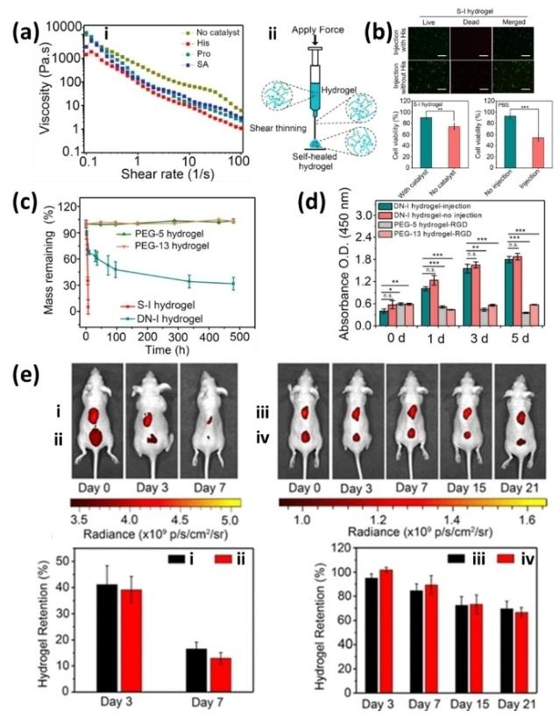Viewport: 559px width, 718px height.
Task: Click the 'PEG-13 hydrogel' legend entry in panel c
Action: pos(172,246)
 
